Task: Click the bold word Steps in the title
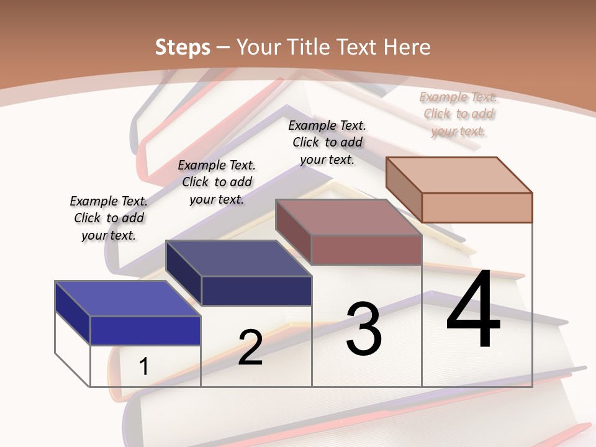click(183, 47)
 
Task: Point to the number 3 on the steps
click(363, 329)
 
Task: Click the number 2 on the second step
click(250, 348)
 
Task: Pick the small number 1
click(143, 366)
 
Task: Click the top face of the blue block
click(127, 299)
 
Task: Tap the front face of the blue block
click(145, 330)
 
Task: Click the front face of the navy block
click(256, 291)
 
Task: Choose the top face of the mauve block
click(348, 217)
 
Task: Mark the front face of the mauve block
click(366, 250)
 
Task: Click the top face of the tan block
click(458, 175)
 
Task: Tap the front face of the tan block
click(477, 207)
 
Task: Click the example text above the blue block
click(109, 218)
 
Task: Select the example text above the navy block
click(217, 182)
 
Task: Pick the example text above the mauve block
click(327, 142)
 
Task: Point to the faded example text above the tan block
click(458, 114)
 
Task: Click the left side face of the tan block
click(404, 190)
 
